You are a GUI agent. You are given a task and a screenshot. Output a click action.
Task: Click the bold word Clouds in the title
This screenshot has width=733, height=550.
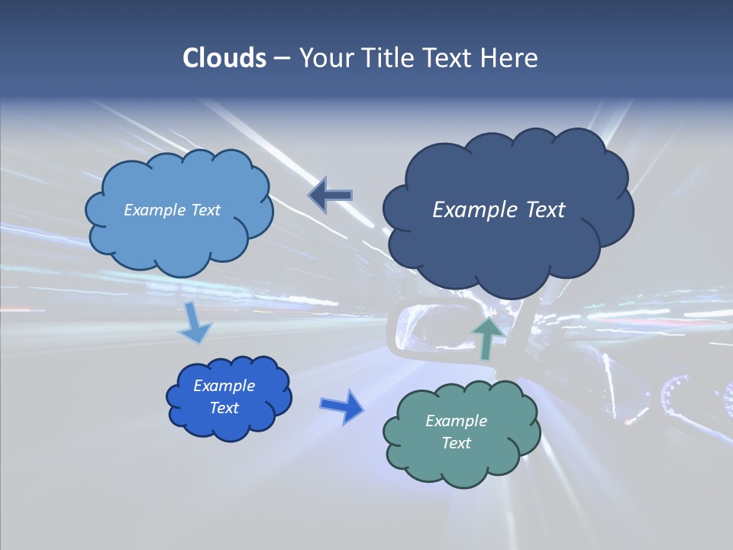click(x=224, y=58)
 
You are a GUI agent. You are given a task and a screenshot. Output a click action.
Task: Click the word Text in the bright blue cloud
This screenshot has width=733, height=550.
click(x=224, y=408)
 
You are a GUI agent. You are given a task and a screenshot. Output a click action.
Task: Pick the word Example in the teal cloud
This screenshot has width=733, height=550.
click(x=456, y=421)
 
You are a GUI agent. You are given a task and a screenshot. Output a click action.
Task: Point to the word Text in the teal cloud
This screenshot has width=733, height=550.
click(x=456, y=443)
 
